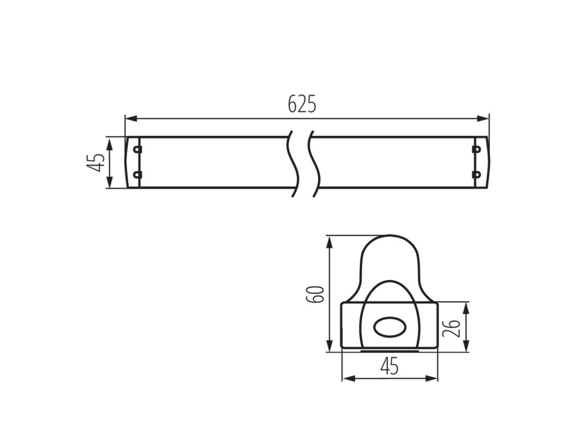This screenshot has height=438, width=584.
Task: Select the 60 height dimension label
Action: coord(314,294)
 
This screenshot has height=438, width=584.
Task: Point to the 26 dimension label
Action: coord(451,327)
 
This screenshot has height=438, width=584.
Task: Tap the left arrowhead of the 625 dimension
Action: coord(131,119)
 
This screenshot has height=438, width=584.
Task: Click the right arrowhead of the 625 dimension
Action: coord(482,119)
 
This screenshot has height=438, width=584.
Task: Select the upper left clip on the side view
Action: coord(137,149)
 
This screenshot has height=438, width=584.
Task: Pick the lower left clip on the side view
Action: coord(137,175)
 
